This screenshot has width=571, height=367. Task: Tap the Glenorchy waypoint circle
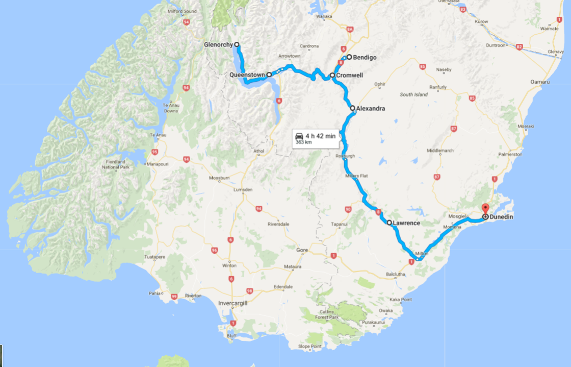(x=237, y=44)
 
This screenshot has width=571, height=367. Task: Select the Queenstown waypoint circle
(x=269, y=75)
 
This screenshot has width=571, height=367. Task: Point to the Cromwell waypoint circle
(x=332, y=76)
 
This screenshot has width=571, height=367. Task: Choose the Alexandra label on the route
(x=371, y=109)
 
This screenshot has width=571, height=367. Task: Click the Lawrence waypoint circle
(x=389, y=223)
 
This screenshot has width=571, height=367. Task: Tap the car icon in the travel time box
(x=299, y=136)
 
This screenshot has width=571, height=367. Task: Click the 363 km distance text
(x=304, y=142)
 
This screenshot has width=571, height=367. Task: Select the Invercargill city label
(x=233, y=303)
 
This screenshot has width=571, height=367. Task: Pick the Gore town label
(x=302, y=250)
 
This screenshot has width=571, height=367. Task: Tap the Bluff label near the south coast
(x=232, y=335)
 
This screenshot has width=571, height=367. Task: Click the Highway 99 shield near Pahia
(x=174, y=297)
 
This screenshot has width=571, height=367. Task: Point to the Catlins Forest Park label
(x=327, y=314)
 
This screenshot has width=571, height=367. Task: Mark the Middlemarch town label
(x=440, y=151)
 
